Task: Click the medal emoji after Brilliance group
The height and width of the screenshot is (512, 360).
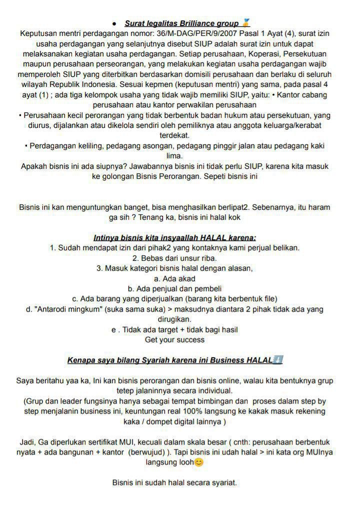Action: coord(245,23)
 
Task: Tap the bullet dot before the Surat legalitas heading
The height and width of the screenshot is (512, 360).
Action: coord(114,23)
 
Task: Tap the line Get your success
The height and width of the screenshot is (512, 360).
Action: coord(174,340)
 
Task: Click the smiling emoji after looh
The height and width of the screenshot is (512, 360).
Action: coord(198,463)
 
